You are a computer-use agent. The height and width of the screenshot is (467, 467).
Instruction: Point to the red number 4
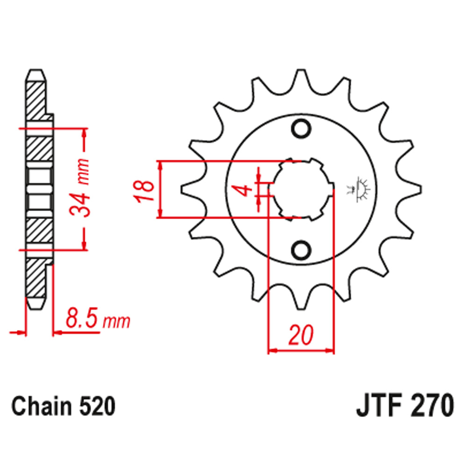pos(244,190)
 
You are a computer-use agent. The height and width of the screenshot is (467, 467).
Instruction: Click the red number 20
pos(301,335)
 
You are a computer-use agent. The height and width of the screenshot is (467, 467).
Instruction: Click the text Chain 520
pos(63,407)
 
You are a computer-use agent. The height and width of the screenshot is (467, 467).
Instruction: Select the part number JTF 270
pos(404,407)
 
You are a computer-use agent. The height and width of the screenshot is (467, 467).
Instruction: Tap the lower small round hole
pos(301,250)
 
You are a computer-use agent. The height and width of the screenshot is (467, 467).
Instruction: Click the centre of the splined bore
pos(301,189)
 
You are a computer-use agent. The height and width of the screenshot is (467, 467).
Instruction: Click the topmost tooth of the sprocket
pos(301,78)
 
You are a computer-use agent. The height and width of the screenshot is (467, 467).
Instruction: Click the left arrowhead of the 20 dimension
pos(272,350)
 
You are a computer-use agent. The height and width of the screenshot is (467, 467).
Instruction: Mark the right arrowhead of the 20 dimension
pos(330,350)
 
